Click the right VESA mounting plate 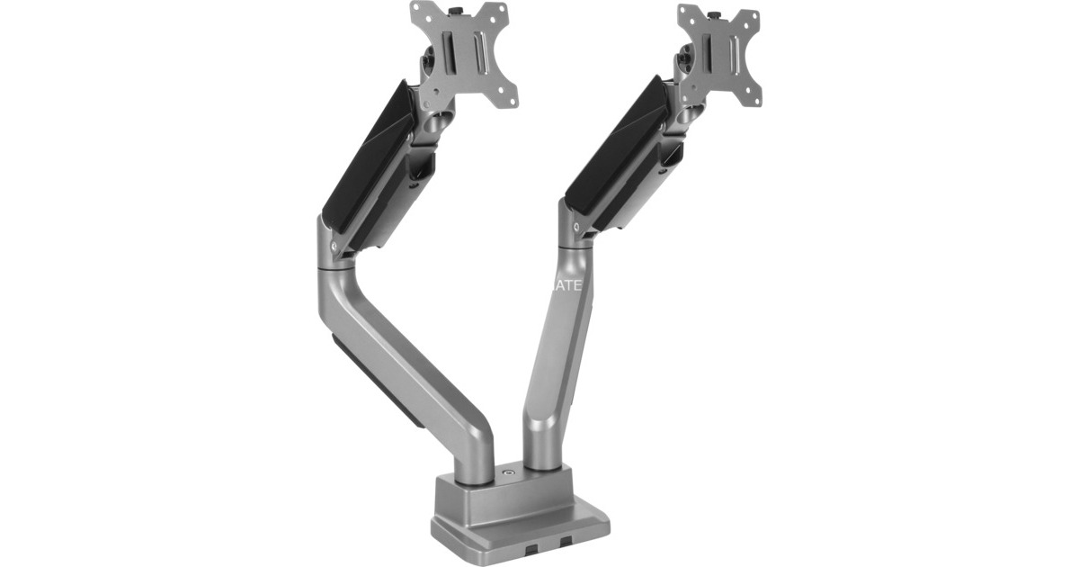719,54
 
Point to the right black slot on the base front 565,542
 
